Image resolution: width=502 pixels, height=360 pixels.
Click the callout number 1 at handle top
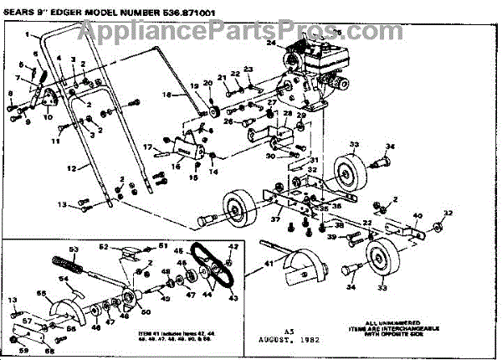pyautogui.click(x=27, y=35)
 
